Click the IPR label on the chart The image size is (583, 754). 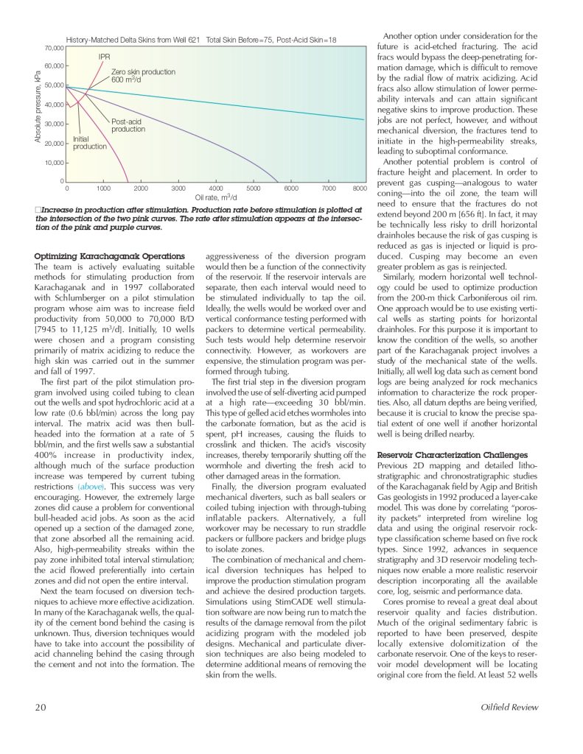(104, 57)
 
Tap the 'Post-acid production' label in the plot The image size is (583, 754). (128, 125)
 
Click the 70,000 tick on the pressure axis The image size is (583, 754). (52, 48)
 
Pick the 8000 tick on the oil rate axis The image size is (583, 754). (360, 188)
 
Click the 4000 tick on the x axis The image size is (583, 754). (216, 188)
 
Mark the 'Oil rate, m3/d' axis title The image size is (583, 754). (215, 197)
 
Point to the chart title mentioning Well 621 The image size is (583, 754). (200, 39)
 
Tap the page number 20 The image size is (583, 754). (42, 708)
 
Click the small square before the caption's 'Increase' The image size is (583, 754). (38, 209)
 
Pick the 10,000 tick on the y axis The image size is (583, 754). (52, 162)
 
